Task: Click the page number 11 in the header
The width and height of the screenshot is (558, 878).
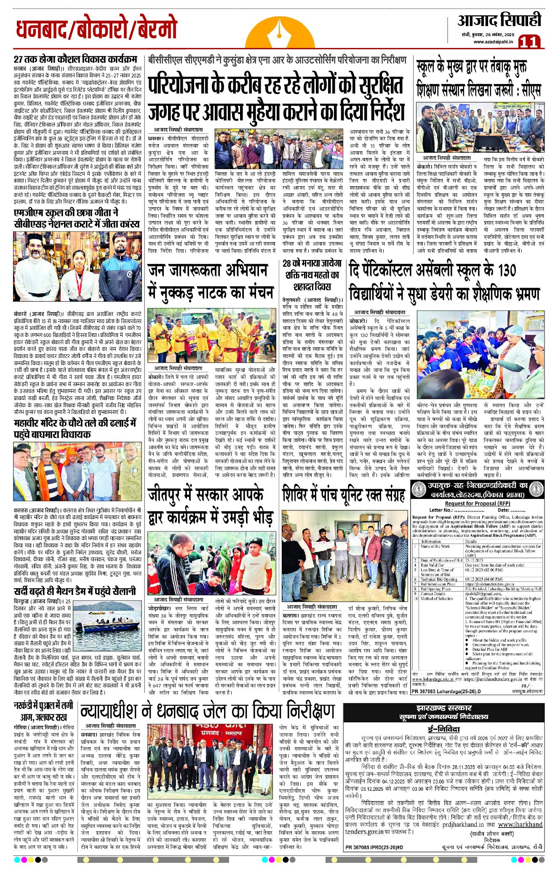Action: tap(529, 42)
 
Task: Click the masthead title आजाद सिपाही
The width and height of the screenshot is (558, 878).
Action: tap(499, 21)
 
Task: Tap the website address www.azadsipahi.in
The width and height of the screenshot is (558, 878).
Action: tap(493, 42)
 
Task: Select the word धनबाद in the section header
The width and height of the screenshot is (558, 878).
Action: tap(40, 30)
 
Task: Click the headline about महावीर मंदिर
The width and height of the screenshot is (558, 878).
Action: tap(75, 428)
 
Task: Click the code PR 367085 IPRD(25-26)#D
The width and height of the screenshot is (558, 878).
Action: tap(374, 847)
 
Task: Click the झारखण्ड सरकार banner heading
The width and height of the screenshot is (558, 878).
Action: tap(443, 708)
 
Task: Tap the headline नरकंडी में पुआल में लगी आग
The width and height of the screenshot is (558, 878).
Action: tap(43, 711)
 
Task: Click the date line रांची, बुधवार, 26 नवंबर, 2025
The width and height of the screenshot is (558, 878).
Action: tap(486, 34)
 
